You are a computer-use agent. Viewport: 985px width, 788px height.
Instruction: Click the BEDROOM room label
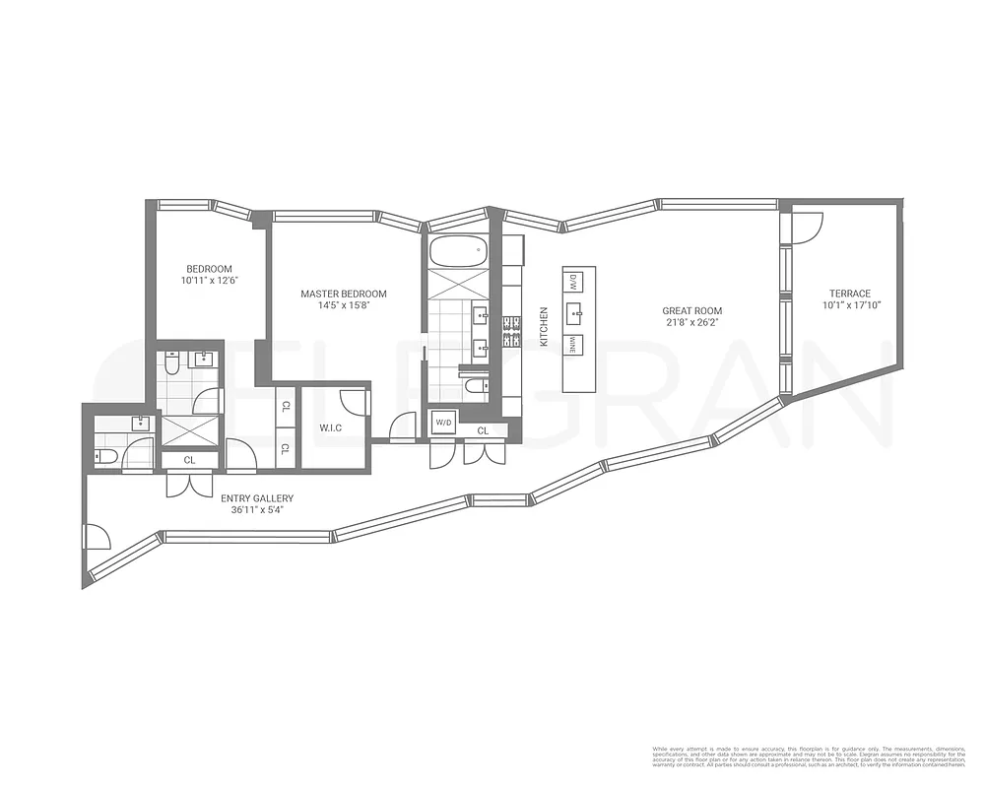click(x=209, y=269)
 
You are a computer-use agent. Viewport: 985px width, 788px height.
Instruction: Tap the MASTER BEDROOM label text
click(x=343, y=294)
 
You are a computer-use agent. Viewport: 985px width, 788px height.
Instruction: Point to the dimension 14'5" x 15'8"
click(x=343, y=305)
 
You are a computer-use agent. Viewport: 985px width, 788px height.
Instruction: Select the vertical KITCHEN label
click(x=543, y=326)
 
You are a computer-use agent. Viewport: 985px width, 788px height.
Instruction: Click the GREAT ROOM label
click(x=691, y=311)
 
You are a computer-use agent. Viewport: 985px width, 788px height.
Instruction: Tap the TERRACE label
click(x=849, y=294)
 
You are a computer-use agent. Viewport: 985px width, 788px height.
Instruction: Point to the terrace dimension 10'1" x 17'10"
click(x=849, y=305)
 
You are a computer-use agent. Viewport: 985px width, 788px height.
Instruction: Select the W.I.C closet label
click(x=329, y=428)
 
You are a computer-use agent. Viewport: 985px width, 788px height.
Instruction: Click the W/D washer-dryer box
click(x=442, y=424)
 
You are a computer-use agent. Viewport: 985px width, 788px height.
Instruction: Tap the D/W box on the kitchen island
click(x=572, y=282)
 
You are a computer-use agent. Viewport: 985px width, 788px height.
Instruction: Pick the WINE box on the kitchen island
click(x=572, y=345)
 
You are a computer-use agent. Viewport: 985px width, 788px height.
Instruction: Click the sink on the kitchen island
click(x=574, y=314)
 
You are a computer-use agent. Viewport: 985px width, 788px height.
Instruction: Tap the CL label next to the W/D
click(x=484, y=430)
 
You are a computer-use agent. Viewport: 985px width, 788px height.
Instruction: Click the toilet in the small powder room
click(x=106, y=455)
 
